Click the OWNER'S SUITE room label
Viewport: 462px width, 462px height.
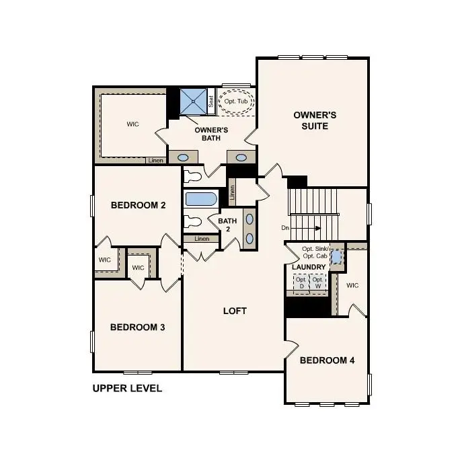coord(315,120)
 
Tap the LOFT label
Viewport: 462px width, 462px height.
coord(235,311)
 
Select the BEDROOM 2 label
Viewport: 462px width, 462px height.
coord(138,205)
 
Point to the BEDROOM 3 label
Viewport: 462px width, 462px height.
coord(138,328)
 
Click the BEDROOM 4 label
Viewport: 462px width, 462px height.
coord(327,360)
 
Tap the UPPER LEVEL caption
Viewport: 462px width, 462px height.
coord(127,389)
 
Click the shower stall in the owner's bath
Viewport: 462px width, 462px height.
coord(193,102)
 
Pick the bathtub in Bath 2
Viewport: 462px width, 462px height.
coord(201,199)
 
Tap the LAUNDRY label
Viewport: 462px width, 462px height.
coord(309,267)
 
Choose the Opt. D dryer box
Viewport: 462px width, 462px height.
coord(301,282)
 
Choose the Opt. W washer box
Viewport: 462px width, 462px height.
coord(318,282)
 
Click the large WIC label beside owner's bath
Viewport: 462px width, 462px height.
coord(132,124)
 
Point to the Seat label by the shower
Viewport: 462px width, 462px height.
coord(211,102)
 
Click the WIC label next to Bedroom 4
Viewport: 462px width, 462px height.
coord(352,286)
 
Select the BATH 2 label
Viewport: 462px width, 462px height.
coord(227,225)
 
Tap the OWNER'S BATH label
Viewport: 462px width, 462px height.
coord(211,134)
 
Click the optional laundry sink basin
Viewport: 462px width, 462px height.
coord(337,256)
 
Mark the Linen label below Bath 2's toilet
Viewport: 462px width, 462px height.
coord(202,239)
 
